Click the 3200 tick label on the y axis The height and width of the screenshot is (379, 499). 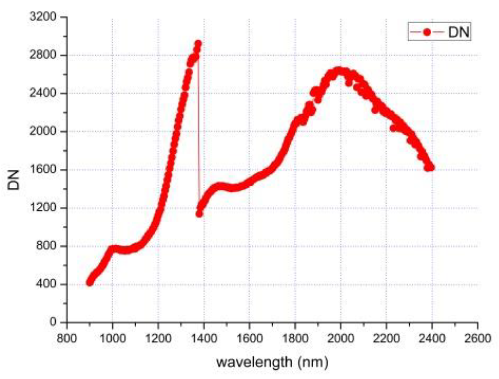pyautogui.click(x=43, y=17)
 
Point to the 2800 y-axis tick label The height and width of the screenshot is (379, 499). pyautogui.click(x=43, y=55)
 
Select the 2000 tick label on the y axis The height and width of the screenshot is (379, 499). pyautogui.click(x=43, y=131)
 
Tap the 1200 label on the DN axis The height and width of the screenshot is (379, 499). pyautogui.click(x=43, y=207)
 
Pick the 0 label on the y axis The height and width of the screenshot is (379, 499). pyautogui.click(x=53, y=322)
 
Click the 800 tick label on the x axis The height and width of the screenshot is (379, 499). pyautogui.click(x=67, y=338)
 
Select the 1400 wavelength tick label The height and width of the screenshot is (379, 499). pyautogui.click(x=204, y=338)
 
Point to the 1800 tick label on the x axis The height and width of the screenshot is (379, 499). pyautogui.click(x=295, y=338)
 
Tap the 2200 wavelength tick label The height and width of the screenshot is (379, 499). pyautogui.click(x=386, y=338)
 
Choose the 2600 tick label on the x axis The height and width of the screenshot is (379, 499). pyautogui.click(x=477, y=338)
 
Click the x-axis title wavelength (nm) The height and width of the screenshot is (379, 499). pyautogui.click(x=272, y=362)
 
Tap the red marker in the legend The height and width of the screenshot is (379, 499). pyautogui.click(x=427, y=32)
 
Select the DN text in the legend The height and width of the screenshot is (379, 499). pyautogui.click(x=459, y=32)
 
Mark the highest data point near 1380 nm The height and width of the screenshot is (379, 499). pyautogui.click(x=198, y=43)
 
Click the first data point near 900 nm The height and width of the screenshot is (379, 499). pyautogui.click(x=89, y=283)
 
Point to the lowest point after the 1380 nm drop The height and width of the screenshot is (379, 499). pyautogui.click(x=199, y=214)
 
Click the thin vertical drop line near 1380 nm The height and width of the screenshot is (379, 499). pyautogui.click(x=199, y=129)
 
